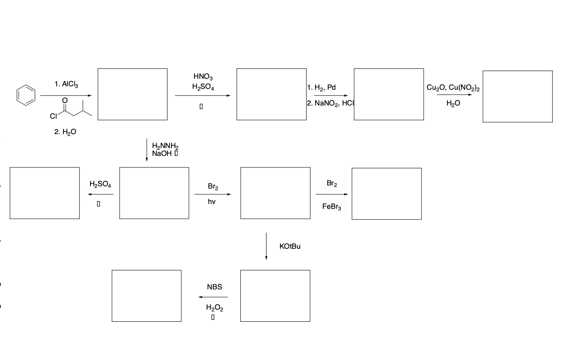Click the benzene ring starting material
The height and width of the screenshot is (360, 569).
tap(25, 95)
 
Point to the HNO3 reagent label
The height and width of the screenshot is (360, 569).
tap(203, 78)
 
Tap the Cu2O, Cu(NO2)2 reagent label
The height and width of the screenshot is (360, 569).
tap(453, 88)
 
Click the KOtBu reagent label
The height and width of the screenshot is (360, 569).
tap(290, 247)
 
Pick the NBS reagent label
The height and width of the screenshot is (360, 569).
tap(214, 287)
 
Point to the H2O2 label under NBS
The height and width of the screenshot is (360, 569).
tap(214, 308)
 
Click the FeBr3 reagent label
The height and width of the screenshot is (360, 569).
tap(332, 207)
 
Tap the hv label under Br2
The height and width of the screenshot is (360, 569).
tap(212, 202)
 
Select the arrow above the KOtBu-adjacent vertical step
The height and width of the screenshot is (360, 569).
tap(266, 246)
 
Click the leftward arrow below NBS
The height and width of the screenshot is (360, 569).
tap(213, 297)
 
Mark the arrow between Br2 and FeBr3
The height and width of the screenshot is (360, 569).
tap(332, 194)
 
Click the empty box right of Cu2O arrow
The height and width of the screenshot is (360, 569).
tap(517, 96)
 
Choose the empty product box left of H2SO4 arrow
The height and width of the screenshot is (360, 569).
tap(45, 193)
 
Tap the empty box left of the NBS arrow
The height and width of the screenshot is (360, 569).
tap(147, 296)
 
